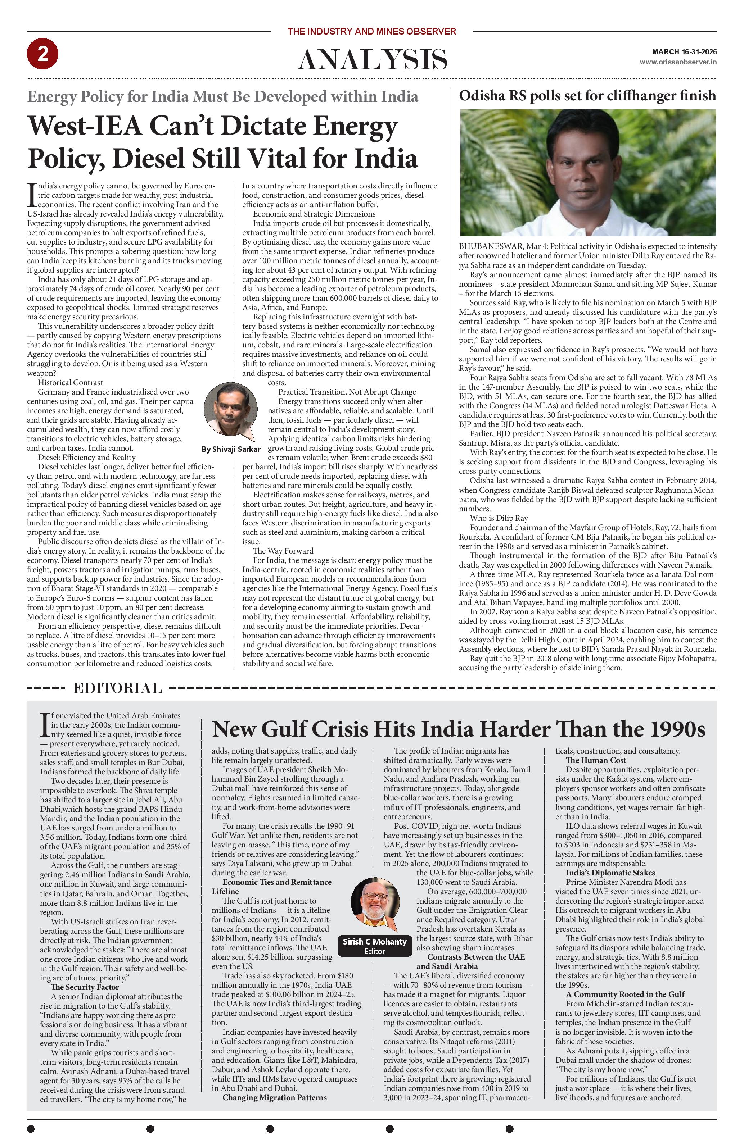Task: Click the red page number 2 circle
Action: (42, 54)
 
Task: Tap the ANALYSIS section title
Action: (372, 60)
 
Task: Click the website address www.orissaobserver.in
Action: (677, 62)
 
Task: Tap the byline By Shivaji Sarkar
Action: (230, 449)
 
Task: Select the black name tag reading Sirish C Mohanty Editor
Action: (374, 946)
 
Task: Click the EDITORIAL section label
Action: (117, 688)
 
